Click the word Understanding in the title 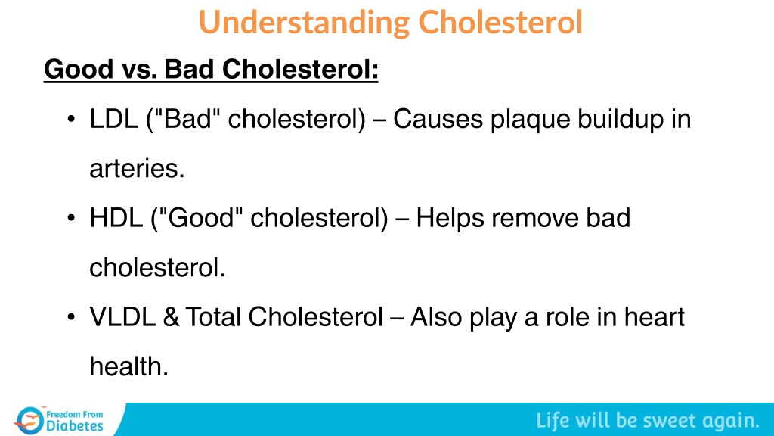click(x=304, y=23)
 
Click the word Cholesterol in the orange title click(x=500, y=22)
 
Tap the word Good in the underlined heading click(x=79, y=69)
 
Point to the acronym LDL click(x=113, y=119)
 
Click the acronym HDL click(x=116, y=218)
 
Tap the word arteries click(x=137, y=169)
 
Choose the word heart click(x=654, y=317)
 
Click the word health click(x=128, y=366)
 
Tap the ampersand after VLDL click(x=171, y=317)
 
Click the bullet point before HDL click(x=72, y=218)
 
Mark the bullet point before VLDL click(x=72, y=317)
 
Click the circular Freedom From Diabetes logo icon click(x=29, y=420)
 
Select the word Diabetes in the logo click(x=75, y=426)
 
